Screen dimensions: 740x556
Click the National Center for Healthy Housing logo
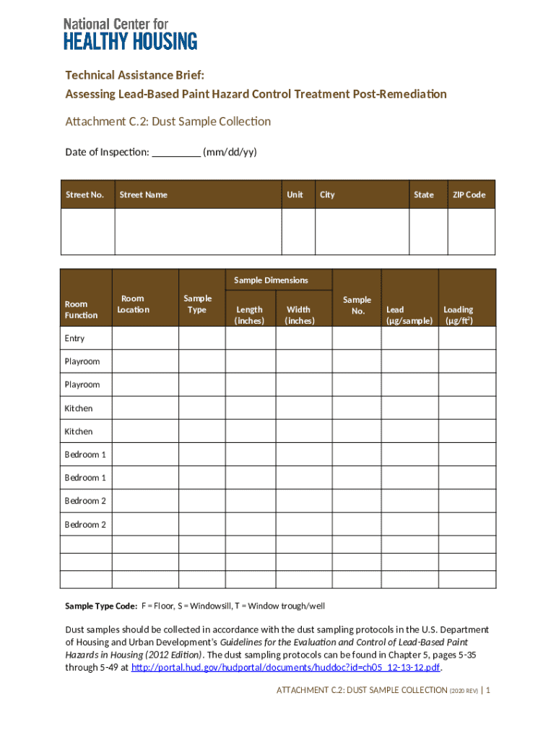point(130,34)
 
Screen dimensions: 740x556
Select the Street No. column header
point(85,194)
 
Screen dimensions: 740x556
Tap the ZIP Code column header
point(469,194)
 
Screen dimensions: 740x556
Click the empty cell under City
point(362,231)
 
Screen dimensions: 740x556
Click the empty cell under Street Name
point(198,231)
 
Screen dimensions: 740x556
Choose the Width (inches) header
point(299,315)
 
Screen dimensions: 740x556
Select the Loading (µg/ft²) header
point(459,315)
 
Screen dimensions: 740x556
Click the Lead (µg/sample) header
point(409,315)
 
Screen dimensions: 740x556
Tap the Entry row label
point(74,338)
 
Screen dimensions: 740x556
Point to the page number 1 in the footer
point(488,690)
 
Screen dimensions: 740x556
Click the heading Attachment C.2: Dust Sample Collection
point(168,121)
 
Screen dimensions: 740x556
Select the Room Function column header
point(81,310)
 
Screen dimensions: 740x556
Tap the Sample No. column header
point(357,305)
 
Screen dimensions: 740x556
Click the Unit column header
point(295,194)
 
